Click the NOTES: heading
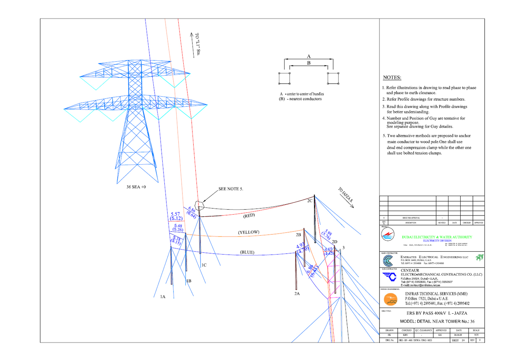point(393,78)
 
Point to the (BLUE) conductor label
point(247,252)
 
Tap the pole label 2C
point(310,201)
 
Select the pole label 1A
point(162,297)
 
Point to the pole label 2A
point(297,294)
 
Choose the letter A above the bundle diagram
point(309,56)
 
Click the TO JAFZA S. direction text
point(345,197)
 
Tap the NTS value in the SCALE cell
point(476,335)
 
